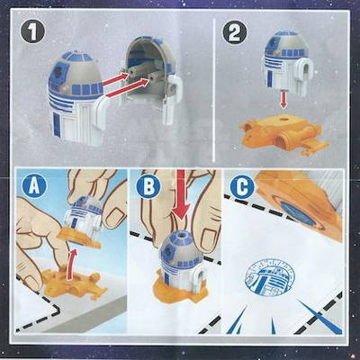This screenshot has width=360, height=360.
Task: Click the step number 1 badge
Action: (x=32, y=32)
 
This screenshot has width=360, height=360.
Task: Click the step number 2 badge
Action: (x=235, y=32)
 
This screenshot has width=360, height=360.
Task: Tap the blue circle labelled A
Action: (x=35, y=187)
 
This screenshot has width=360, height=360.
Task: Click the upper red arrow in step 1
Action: (x=116, y=77)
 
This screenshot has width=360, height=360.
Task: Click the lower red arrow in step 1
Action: (x=129, y=87)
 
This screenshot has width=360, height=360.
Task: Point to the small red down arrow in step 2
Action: (x=283, y=103)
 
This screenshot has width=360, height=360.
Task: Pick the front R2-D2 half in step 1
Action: (x=78, y=96)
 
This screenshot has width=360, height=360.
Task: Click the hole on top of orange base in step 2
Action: (x=283, y=119)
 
